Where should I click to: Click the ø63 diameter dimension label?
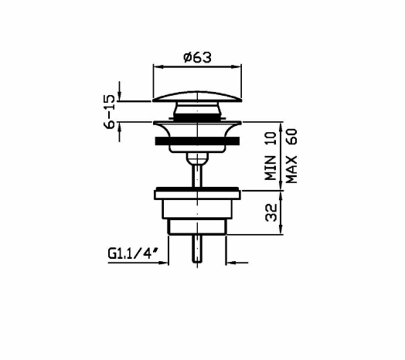[x=197, y=57]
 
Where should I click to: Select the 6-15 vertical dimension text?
[x=109, y=111]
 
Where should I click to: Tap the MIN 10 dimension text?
[x=271, y=156]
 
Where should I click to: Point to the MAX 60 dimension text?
[x=292, y=156]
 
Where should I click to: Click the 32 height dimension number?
[x=271, y=212]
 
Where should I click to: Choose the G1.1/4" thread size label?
[x=133, y=253]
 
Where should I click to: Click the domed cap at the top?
[x=197, y=96]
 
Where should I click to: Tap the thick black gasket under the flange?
[x=197, y=141]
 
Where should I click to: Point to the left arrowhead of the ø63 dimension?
[x=158, y=67]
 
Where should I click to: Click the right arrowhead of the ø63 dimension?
[x=237, y=67]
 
